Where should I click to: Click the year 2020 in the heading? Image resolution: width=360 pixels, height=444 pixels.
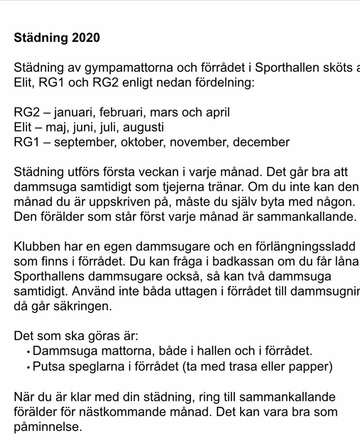click(86, 38)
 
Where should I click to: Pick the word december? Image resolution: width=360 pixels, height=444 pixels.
click(261, 142)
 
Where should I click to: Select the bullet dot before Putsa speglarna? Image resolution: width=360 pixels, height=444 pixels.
click(29, 369)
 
